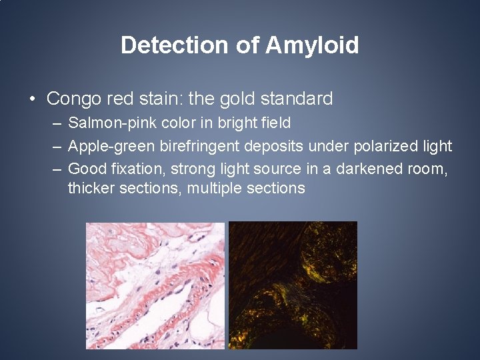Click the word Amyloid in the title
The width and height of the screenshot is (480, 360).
click(312, 45)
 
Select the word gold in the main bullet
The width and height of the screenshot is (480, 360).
click(236, 99)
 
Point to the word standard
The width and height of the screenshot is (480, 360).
click(297, 99)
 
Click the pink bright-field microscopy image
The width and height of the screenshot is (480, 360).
click(155, 285)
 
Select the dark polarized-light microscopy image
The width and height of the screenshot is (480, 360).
click(293, 285)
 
